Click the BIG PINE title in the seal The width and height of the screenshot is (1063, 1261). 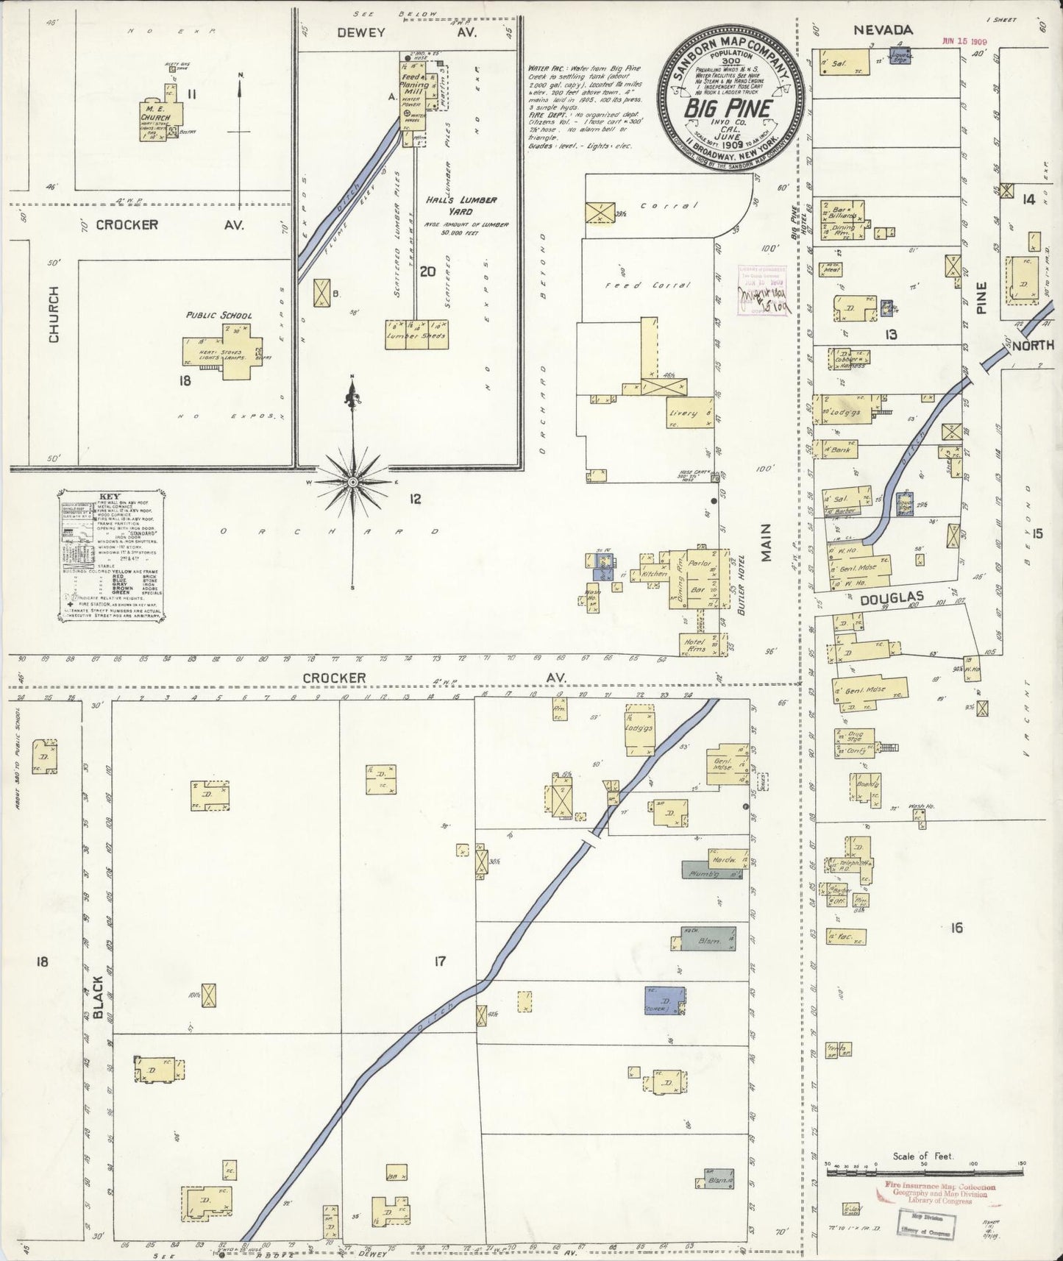pyautogui.click(x=728, y=107)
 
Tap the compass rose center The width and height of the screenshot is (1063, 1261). pyautogui.click(x=353, y=481)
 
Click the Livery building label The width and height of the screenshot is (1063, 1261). pyautogui.click(x=683, y=413)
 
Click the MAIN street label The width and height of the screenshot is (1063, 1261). pyautogui.click(x=766, y=542)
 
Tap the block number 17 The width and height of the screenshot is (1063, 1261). pyautogui.click(x=439, y=960)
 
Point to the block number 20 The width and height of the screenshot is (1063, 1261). pyautogui.click(x=427, y=271)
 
